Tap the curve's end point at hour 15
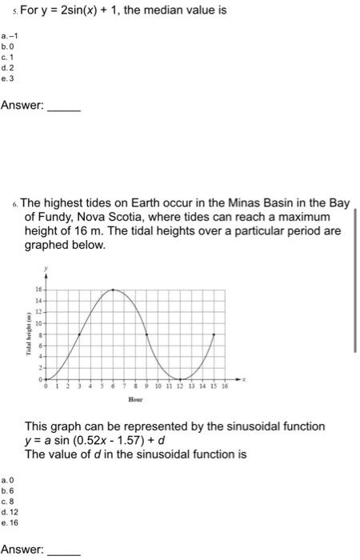point(214,334)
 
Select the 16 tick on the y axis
point(37,289)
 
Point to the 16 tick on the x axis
point(225,386)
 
